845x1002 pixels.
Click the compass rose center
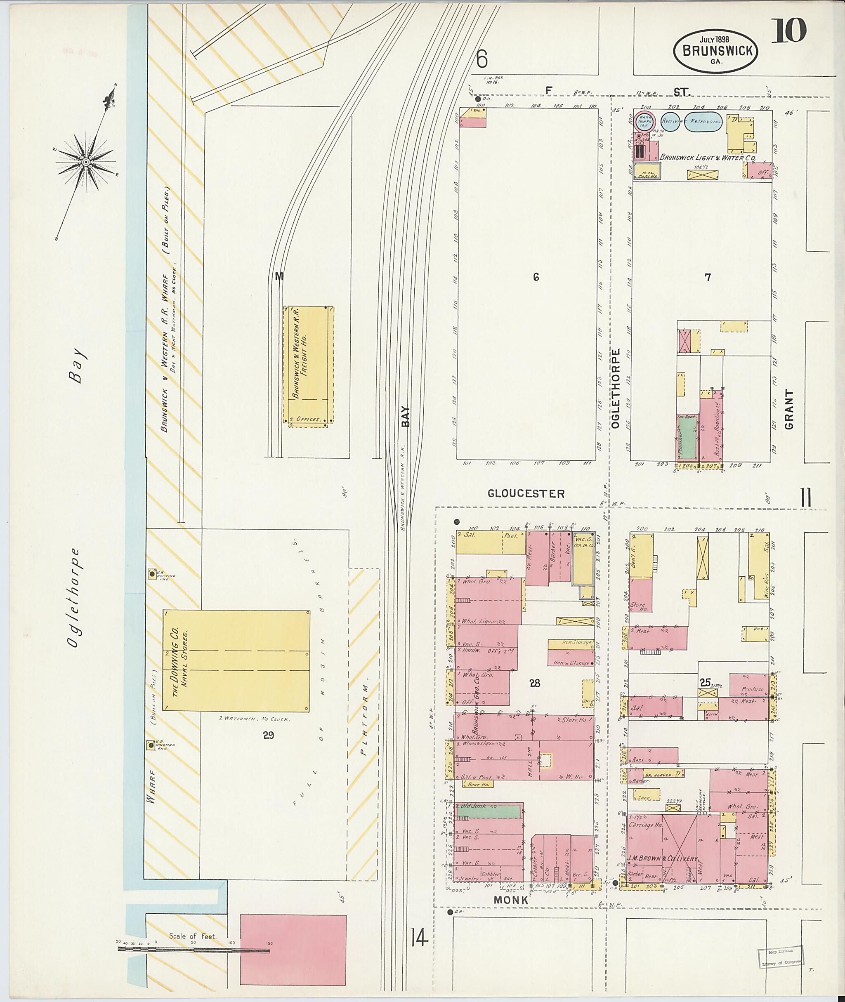point(86,163)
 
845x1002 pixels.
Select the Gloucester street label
point(526,493)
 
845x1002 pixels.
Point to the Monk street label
point(512,900)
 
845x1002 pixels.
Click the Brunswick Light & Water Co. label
point(708,158)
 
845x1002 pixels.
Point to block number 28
point(535,684)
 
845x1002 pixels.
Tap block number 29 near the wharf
point(268,735)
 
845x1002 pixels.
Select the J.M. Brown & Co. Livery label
point(663,859)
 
